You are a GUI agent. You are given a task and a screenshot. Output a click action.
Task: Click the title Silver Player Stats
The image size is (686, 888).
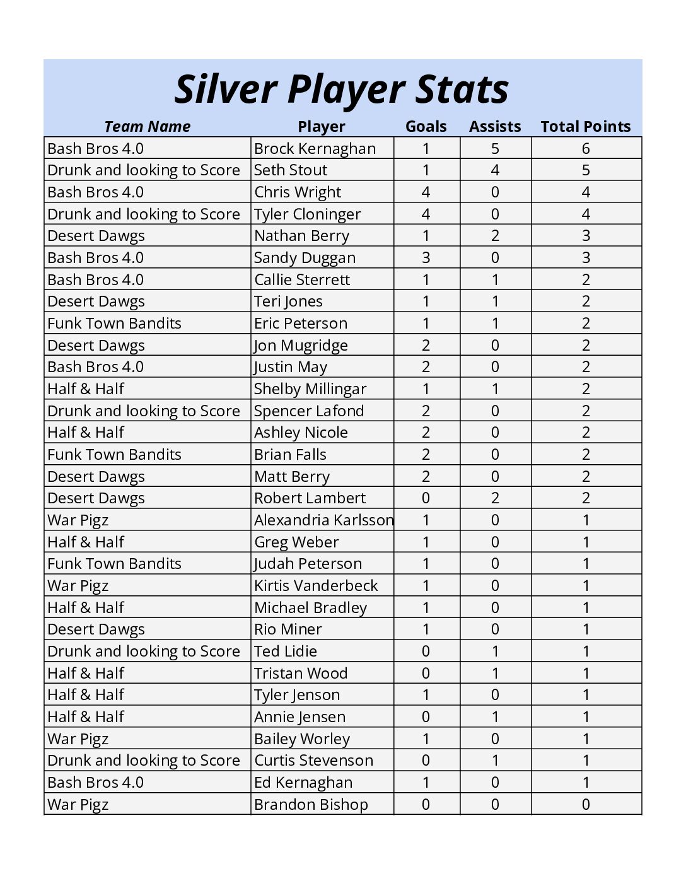tap(341, 89)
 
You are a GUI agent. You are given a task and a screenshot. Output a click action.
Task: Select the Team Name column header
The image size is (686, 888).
tap(147, 126)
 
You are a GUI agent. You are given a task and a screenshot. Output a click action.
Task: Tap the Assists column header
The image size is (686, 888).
tap(495, 126)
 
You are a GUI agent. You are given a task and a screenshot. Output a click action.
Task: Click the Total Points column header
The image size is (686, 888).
tap(585, 126)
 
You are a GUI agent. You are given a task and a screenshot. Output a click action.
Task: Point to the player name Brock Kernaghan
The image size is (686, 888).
tap(315, 149)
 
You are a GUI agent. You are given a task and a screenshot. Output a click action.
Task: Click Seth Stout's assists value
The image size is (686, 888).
tap(495, 170)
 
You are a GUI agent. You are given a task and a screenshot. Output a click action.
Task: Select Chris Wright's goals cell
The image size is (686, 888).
tap(426, 192)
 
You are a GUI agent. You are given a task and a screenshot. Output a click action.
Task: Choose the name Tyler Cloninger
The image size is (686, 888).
tap(307, 214)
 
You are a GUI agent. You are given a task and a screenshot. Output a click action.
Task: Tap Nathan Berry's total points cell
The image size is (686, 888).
tap(586, 236)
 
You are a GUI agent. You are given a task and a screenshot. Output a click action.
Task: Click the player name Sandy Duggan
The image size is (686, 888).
tap(305, 258)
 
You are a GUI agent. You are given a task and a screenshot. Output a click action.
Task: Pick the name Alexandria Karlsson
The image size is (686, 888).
tap(323, 520)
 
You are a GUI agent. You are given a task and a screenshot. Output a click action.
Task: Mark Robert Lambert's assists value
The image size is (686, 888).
tap(495, 498)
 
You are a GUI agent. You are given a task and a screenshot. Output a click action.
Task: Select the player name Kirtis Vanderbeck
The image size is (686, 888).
tap(316, 586)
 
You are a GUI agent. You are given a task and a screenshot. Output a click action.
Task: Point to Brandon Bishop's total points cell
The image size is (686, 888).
tap(586, 805)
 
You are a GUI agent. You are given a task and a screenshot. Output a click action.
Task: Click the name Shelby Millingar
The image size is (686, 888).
tap(310, 389)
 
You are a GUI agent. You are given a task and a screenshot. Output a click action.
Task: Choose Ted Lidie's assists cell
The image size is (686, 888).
tap(495, 651)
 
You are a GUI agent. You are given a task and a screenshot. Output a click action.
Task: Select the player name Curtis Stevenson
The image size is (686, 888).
tap(313, 761)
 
